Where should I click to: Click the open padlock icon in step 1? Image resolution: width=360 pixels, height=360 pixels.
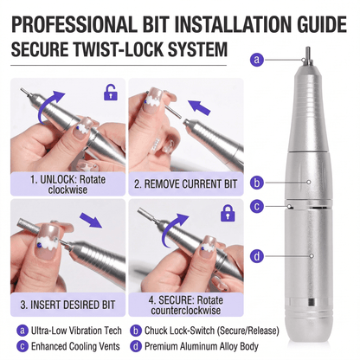coord(110,92)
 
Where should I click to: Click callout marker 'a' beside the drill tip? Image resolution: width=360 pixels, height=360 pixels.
coord(256,59)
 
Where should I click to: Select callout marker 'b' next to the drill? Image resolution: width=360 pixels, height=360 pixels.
coord(256,183)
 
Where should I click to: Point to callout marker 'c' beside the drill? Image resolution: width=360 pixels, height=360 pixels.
coord(256,206)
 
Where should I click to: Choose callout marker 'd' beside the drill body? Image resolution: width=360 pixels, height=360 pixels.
coord(256,255)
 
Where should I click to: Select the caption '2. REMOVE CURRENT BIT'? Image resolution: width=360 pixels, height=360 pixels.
coord(184,184)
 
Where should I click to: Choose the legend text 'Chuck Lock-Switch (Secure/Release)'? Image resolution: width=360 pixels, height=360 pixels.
coord(197,330)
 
